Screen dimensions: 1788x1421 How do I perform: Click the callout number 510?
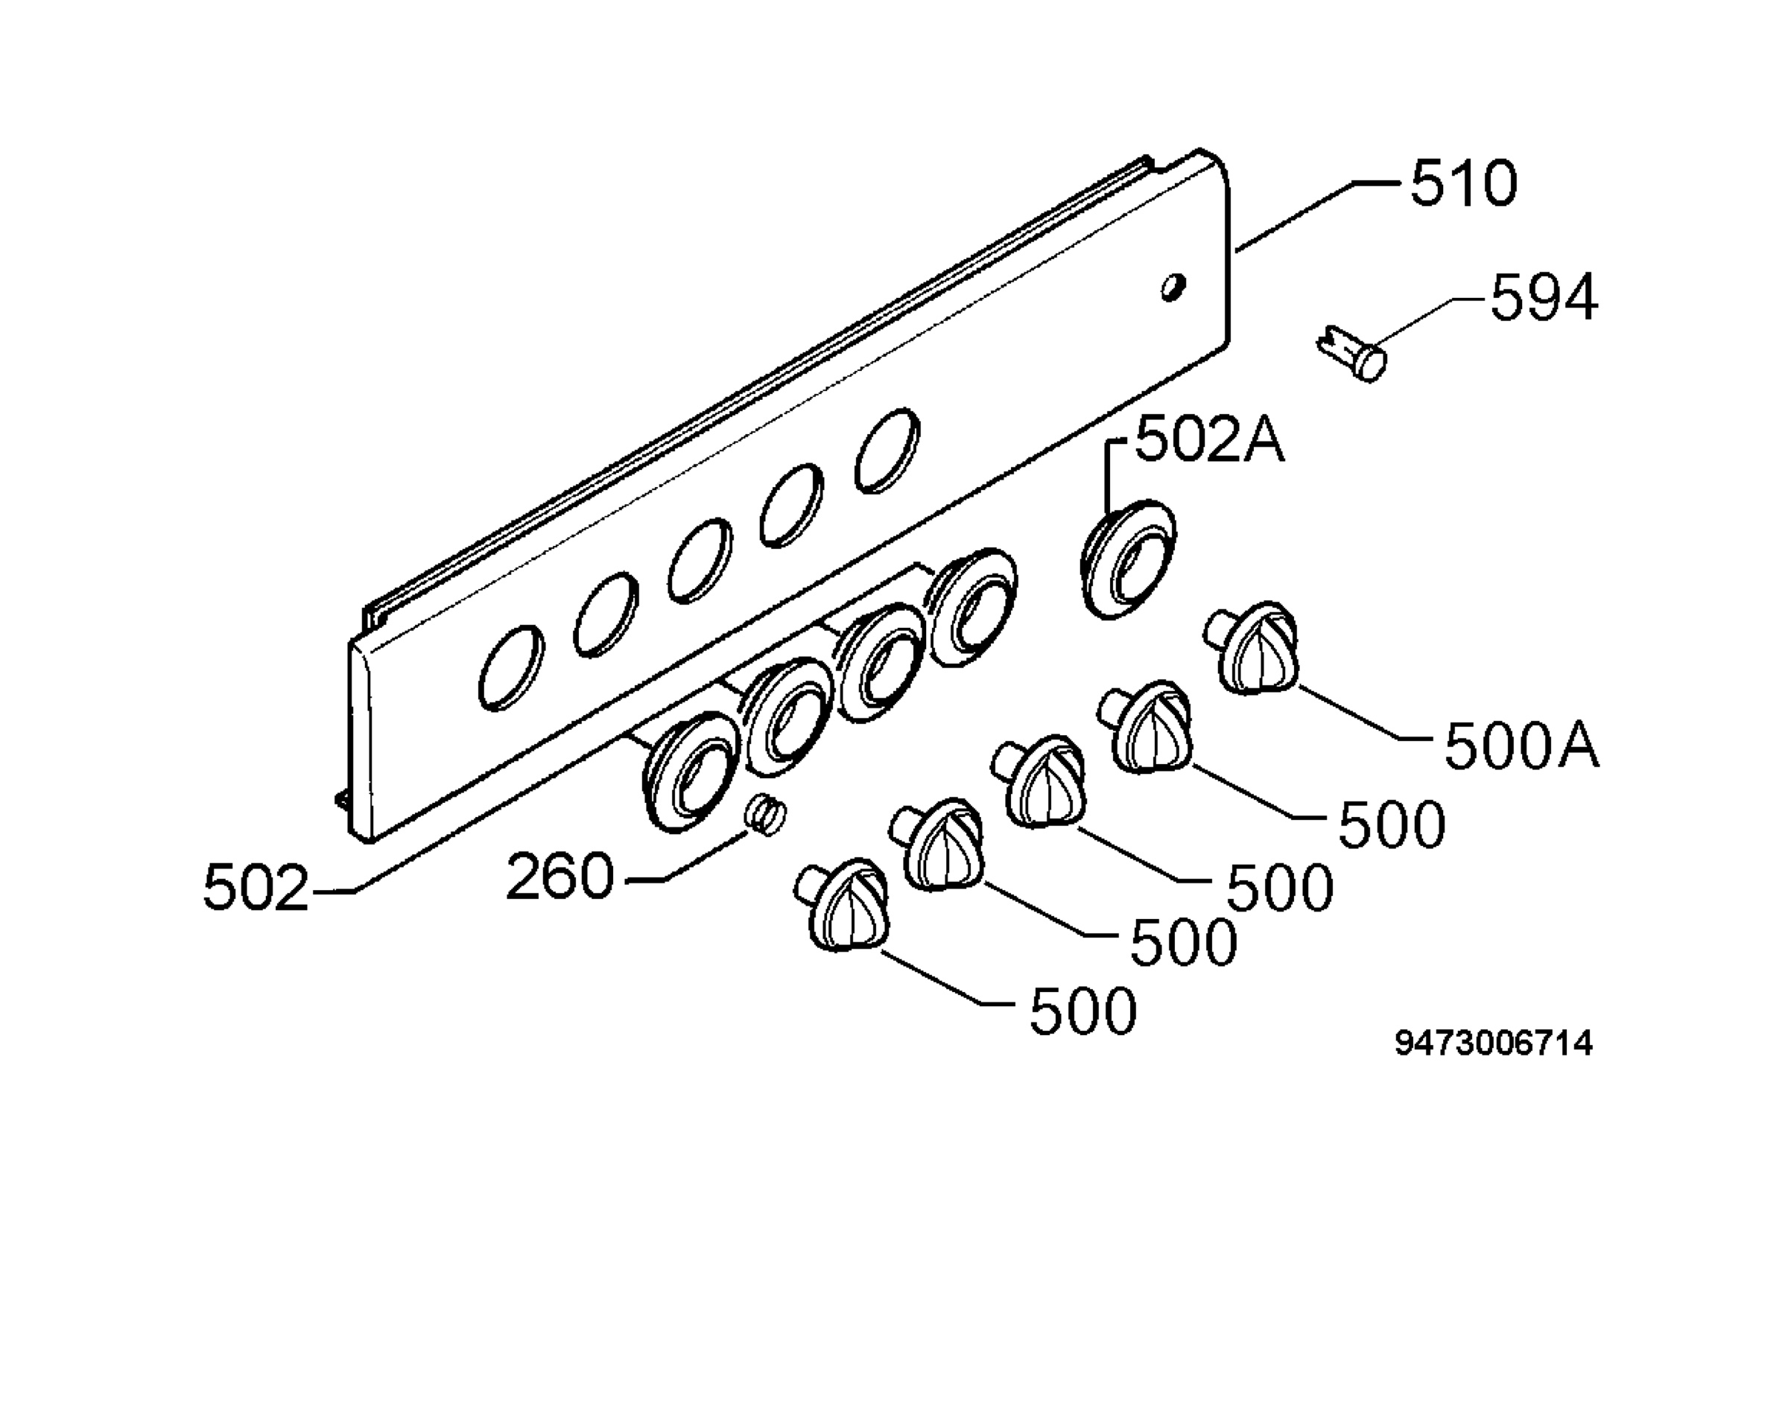(1464, 183)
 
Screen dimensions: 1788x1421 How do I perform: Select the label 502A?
(1210, 439)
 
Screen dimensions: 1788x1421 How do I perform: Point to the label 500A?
(1522, 746)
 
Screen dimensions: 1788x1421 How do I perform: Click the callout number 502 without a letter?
(256, 888)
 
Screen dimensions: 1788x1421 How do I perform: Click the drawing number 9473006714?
(1494, 1043)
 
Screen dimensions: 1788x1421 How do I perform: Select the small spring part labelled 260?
(765, 815)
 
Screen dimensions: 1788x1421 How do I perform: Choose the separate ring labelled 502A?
(1128, 559)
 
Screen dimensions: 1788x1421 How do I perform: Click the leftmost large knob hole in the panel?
(512, 667)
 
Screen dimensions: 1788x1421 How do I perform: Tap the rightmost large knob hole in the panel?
(887, 450)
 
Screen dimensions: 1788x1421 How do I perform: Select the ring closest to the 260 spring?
(690, 770)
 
